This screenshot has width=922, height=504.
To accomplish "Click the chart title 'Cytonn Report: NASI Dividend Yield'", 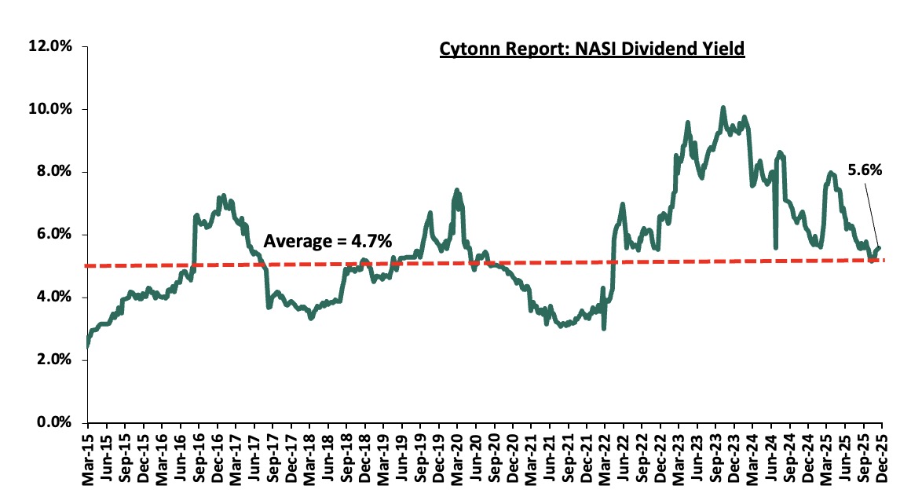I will (591, 49).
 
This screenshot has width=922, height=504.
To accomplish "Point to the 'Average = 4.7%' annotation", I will (327, 241).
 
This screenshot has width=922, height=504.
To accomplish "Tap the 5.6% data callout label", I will (865, 169).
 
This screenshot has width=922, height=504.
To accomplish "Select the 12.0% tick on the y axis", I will (51, 46).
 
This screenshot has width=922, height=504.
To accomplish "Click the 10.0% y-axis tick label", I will (51, 109).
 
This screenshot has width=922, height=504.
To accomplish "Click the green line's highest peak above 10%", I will (723, 108).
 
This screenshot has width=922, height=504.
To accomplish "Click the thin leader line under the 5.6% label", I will (873, 212).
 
